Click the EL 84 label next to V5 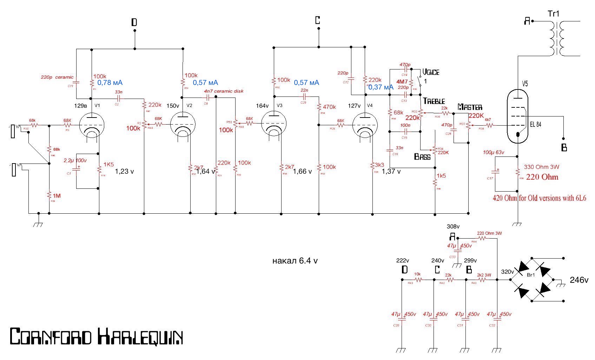(536, 124)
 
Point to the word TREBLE (434, 101)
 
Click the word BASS (422, 156)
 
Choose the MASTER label (470, 107)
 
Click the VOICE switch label (431, 72)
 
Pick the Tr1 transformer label (554, 14)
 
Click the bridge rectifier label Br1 (531, 275)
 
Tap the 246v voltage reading (579, 280)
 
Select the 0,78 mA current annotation (110, 83)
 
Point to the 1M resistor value (57, 195)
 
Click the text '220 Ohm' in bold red (542, 177)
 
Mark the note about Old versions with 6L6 (539, 198)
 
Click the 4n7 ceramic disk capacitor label (224, 91)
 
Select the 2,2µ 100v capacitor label (75, 160)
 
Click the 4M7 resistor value (402, 82)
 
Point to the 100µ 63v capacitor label (494, 153)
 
